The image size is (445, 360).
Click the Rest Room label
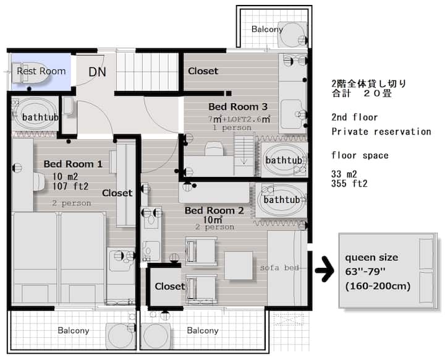point(41,71)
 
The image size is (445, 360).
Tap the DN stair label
point(98,72)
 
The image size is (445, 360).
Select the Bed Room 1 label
point(73,164)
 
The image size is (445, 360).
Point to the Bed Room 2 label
point(214,210)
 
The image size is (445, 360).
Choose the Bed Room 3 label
point(238,107)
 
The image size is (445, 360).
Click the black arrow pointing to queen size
point(324,269)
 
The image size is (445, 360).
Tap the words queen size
point(371,258)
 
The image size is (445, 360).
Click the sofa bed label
point(279,268)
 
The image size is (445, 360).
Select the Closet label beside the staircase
point(203,71)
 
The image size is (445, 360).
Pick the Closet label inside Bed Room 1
point(117,193)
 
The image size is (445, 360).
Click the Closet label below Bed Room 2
point(170,286)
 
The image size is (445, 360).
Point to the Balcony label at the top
point(267,29)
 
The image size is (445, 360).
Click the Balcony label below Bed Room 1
point(74,330)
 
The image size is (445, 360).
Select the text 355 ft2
point(349,184)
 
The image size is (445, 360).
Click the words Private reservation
point(381,132)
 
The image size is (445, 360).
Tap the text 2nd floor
point(355,117)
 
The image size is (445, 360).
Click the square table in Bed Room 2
point(239,265)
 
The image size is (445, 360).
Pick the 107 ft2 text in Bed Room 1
point(70,186)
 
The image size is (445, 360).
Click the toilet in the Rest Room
point(30,73)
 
